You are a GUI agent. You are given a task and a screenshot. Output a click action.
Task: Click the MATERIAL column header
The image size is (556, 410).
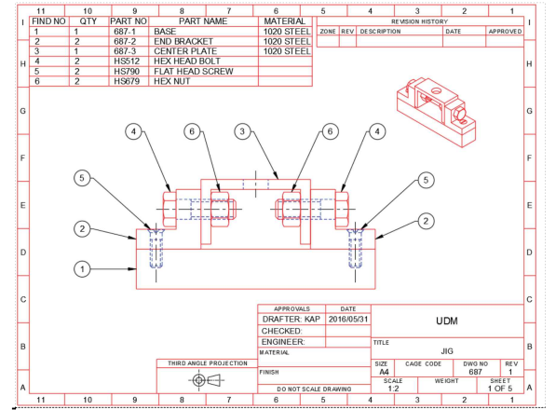[x=286, y=20]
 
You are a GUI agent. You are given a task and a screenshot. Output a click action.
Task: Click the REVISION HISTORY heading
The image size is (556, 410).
[x=419, y=20]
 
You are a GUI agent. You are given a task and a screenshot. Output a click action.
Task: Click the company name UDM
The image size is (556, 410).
[x=446, y=320]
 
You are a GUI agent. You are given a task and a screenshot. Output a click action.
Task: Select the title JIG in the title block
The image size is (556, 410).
[x=447, y=349]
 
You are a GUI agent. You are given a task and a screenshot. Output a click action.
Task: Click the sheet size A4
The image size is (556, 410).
[x=381, y=371]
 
